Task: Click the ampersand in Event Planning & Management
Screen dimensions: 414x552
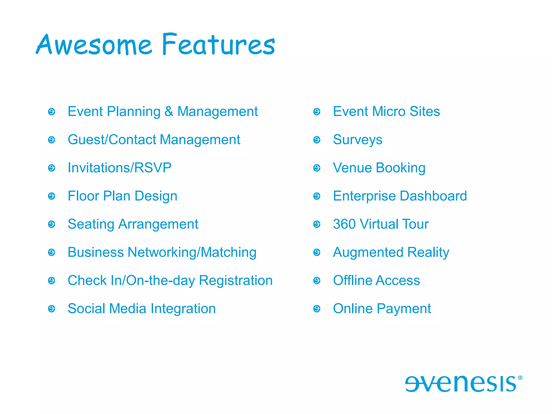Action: pyautogui.click(x=169, y=111)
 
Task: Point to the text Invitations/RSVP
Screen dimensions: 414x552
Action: pyautogui.click(x=119, y=168)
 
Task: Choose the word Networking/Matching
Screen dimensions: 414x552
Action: pyautogui.click(x=192, y=253)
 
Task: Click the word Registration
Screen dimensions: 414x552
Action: pyautogui.click(x=236, y=281)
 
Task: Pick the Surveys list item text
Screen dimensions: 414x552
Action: pyautogui.click(x=357, y=140)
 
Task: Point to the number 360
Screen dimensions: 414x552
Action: pyautogui.click(x=344, y=224)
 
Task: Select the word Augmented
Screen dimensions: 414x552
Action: pyautogui.click(x=368, y=253)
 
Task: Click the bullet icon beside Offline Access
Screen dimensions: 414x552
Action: pyautogui.click(x=317, y=281)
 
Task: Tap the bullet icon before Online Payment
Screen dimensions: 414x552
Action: pyautogui.click(x=317, y=309)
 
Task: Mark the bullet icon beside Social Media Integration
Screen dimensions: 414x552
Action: pyautogui.click(x=51, y=309)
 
